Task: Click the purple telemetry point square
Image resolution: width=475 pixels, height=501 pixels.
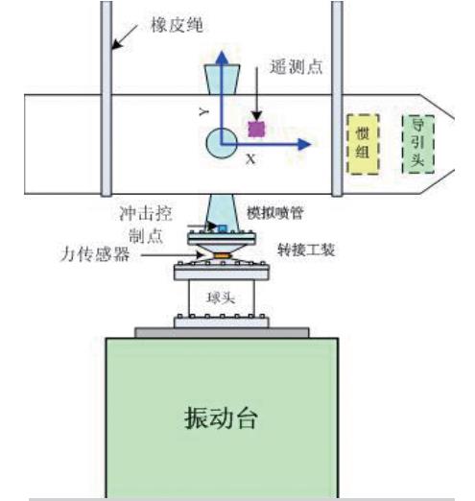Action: point(256,128)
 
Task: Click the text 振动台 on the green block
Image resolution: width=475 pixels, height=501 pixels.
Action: point(222,418)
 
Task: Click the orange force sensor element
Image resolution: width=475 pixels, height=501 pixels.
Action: point(222,254)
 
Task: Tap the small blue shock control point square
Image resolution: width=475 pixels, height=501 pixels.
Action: point(221,228)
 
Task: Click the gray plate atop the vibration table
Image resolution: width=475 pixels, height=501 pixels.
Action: point(222,332)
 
